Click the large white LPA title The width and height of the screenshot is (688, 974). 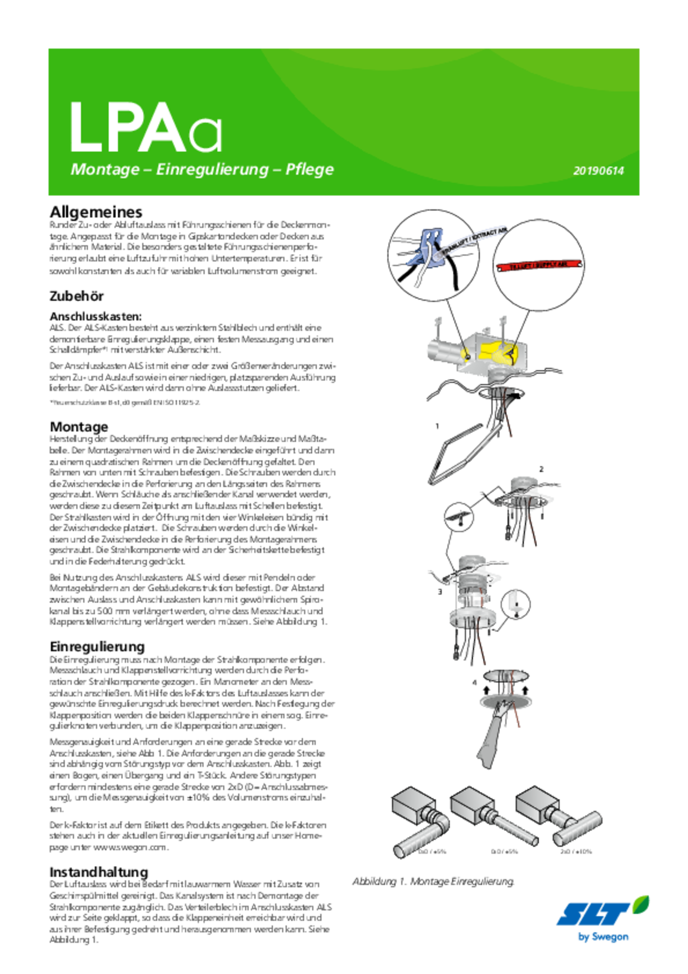129,128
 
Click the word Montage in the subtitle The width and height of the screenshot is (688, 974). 105,170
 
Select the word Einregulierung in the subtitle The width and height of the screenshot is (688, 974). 212,170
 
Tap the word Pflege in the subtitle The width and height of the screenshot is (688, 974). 310,170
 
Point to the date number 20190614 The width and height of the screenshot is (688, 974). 598,171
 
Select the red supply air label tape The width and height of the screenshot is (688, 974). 537,265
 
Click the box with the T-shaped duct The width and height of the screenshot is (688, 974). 559,813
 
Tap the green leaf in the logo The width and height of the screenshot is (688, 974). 641,905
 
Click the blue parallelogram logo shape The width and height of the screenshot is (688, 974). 591,914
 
